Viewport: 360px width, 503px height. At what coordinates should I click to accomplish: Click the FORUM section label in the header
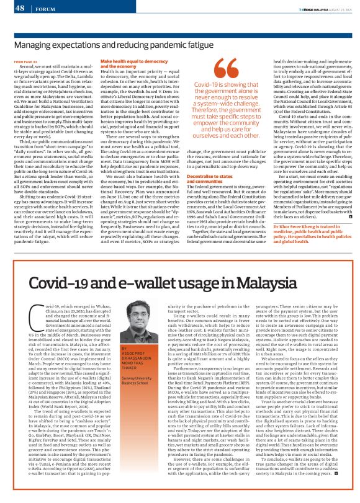click(44, 9)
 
